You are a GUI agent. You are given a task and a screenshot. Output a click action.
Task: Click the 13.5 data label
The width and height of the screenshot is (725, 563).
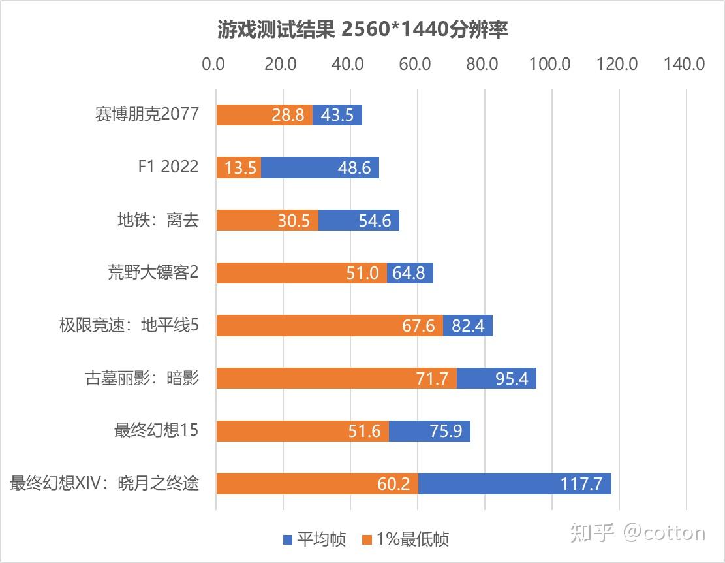(x=240, y=168)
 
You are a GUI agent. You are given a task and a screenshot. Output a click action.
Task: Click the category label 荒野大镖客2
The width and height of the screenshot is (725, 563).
(x=153, y=272)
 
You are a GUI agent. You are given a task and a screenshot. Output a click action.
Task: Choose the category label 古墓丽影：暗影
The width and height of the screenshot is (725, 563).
(x=142, y=378)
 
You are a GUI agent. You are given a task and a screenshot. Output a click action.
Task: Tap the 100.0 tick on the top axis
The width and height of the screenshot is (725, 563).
(x=550, y=64)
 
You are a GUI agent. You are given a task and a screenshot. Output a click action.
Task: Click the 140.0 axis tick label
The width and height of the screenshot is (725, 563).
(x=685, y=64)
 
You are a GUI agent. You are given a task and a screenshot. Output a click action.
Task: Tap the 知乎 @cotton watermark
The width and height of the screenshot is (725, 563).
(x=638, y=533)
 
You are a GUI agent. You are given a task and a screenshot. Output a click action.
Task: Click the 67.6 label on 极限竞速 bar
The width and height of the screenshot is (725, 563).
(x=418, y=326)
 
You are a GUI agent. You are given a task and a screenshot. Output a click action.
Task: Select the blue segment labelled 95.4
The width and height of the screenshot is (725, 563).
(x=496, y=378)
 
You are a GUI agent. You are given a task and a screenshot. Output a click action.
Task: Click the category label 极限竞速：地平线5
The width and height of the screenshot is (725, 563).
(x=129, y=325)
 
